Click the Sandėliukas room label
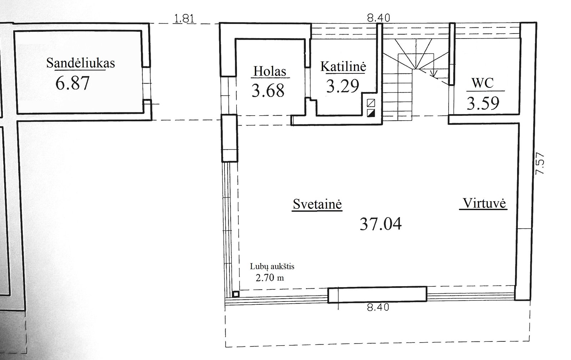point(81,63)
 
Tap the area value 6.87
point(72,83)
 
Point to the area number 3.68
point(268,91)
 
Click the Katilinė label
point(343,66)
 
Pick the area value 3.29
point(343,86)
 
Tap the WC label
point(482,83)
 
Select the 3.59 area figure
point(483,103)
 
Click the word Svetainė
point(317,204)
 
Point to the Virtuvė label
point(484,203)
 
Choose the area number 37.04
point(380,224)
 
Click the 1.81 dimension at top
point(184,19)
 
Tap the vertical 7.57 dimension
point(540,163)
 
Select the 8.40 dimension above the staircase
point(379,18)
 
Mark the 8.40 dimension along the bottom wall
point(378,307)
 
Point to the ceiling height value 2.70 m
point(270,278)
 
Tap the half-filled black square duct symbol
point(371,113)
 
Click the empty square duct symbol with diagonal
point(371,103)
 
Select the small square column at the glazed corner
point(236,294)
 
